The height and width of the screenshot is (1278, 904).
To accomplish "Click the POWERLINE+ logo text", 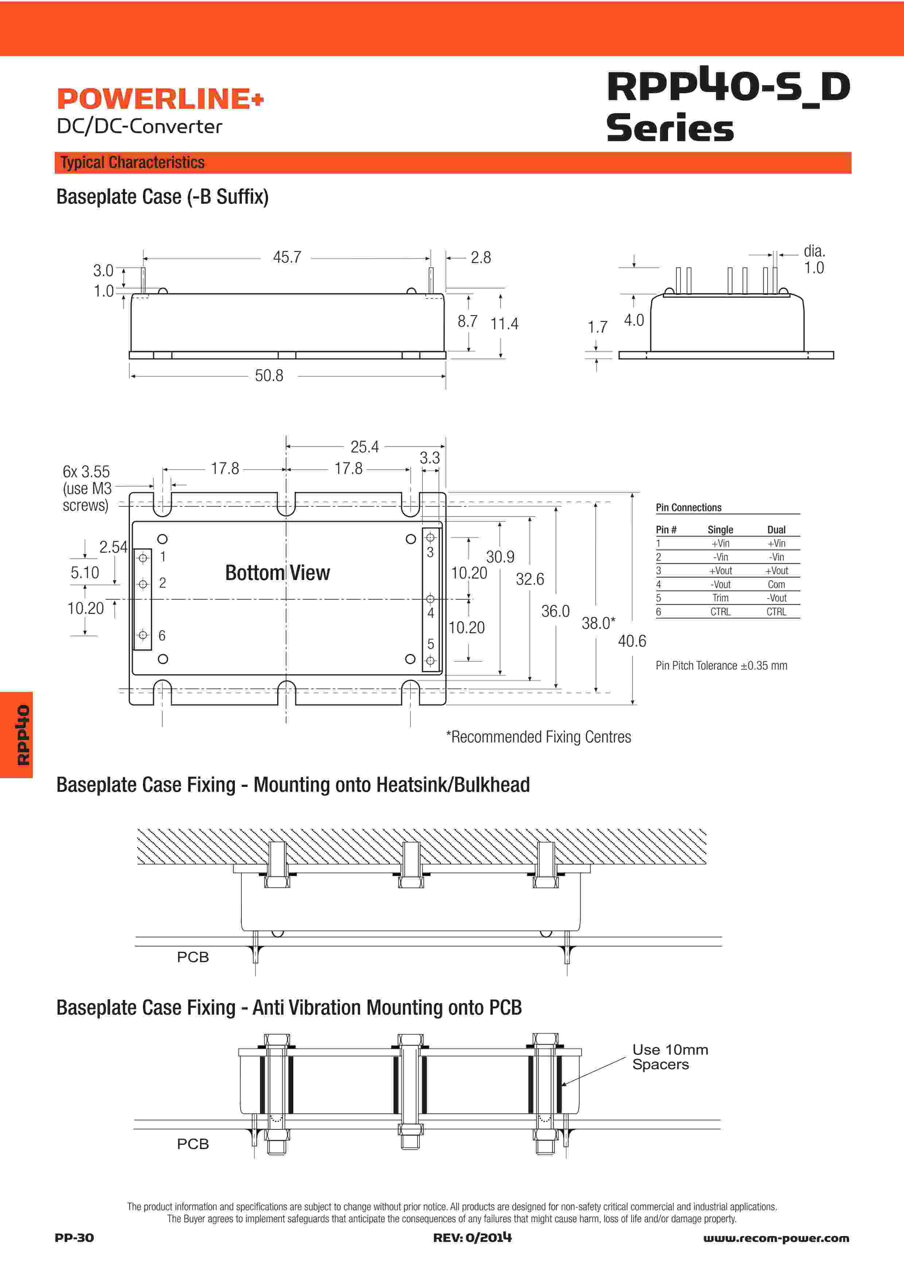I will point(160,99).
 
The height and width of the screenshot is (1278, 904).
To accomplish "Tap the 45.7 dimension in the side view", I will point(287,257).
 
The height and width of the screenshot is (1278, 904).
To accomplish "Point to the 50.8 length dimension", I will point(269,376).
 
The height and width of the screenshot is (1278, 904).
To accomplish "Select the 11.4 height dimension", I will point(504,324).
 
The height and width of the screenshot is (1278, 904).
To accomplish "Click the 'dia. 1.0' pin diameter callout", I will point(814,259).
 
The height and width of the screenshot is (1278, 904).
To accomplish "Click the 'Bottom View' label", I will point(278,573).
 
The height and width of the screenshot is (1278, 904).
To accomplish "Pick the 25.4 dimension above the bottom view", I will point(364,446).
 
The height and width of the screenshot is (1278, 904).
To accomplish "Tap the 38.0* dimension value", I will point(598,623).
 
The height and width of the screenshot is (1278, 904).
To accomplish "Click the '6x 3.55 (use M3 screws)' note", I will point(86,488).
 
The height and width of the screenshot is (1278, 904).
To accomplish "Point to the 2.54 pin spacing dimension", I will point(113,547).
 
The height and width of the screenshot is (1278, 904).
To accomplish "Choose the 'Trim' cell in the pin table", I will point(720,598).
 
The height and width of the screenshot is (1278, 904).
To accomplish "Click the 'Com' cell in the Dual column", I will point(776,584).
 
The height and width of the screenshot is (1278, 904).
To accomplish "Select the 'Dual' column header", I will point(776,530).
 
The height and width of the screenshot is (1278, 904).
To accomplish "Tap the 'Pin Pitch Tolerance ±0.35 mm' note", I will point(721,666).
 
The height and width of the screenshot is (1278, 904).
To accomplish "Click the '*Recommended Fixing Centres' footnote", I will point(539,737).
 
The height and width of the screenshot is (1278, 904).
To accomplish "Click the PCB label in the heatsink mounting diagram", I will point(193,957).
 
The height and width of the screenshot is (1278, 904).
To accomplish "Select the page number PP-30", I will point(74,1238).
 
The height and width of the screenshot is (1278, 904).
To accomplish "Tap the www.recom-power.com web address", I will point(776,1238).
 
